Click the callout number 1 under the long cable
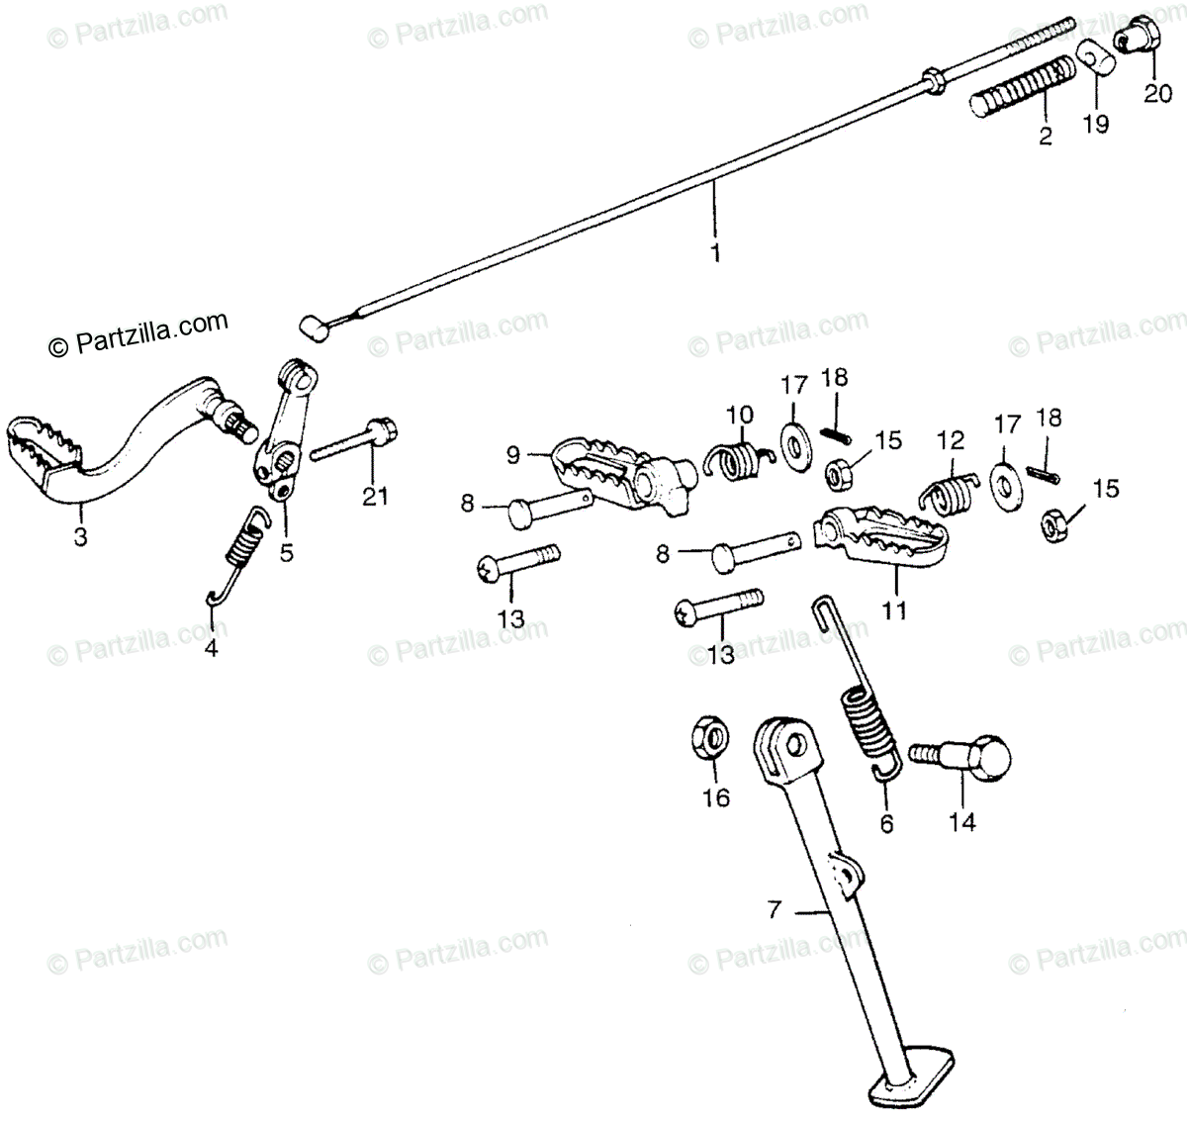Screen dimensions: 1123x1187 tap(715, 253)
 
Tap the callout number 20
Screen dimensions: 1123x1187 tap(1156, 94)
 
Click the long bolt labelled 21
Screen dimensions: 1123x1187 tap(353, 443)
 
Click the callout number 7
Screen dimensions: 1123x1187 tap(775, 907)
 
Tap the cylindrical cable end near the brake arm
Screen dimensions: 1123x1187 tap(314, 328)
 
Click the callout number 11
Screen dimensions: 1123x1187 tap(894, 610)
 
